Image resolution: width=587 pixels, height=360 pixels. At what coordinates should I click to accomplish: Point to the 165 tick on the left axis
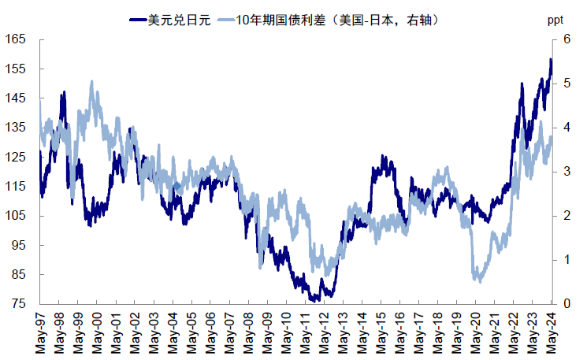[16, 39]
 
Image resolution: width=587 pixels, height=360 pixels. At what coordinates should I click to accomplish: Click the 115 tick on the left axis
[16, 186]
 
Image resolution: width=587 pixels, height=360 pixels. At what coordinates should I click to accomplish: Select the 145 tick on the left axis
[16, 98]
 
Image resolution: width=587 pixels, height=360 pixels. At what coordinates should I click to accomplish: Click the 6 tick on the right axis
[564, 39]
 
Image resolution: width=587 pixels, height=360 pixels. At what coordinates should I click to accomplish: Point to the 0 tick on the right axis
[564, 304]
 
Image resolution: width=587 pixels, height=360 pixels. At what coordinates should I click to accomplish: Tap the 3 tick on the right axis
[564, 172]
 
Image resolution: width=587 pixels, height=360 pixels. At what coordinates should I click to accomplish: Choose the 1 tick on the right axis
[564, 260]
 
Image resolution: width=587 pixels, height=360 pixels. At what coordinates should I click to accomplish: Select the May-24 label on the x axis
[551, 331]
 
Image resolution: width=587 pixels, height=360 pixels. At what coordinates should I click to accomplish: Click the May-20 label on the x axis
[475, 331]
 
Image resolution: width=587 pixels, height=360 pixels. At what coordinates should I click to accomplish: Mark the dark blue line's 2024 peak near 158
[551, 59]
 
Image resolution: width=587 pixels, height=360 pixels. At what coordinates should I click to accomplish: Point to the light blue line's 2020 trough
[477, 280]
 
